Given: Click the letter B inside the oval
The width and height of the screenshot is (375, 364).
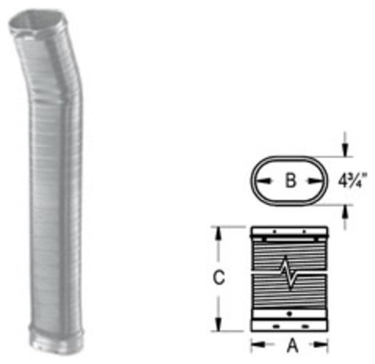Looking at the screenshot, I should click(289, 181).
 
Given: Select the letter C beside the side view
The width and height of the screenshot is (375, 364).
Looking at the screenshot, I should click(221, 277).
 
